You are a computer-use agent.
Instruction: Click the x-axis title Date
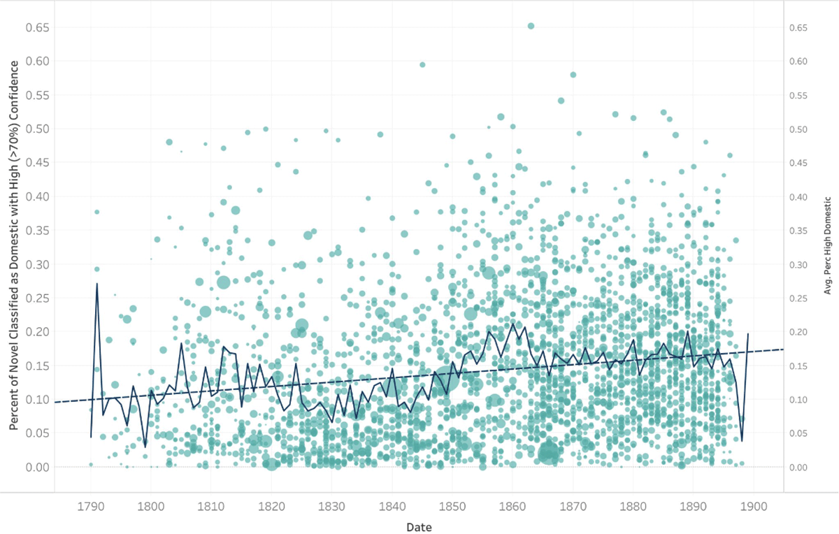pos(419,526)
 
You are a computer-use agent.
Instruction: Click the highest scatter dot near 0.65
pos(531,26)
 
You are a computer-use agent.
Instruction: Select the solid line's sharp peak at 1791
pos(96,283)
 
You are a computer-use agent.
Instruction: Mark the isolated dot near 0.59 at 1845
pos(422,64)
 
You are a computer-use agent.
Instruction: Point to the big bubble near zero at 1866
pos(549,453)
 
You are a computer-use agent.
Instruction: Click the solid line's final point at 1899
pos(748,334)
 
